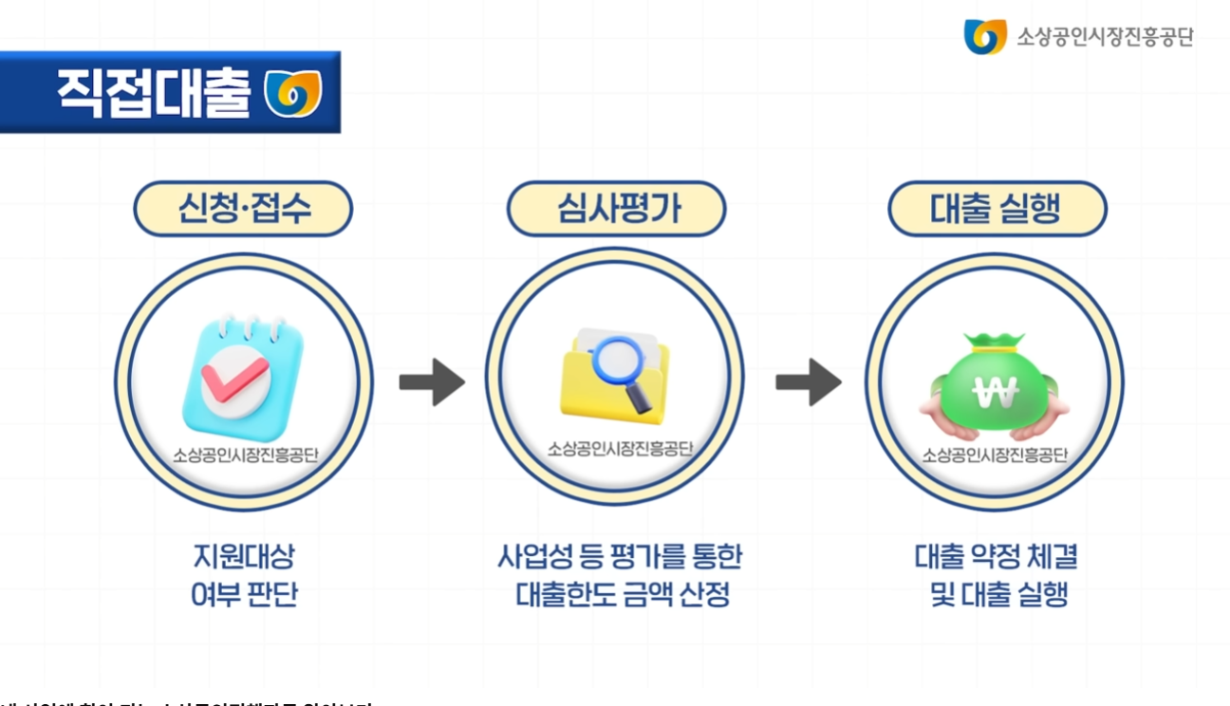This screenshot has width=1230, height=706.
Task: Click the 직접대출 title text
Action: (154, 93)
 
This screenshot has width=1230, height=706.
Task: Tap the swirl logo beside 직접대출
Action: (292, 93)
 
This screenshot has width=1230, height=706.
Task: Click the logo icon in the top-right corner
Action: (984, 37)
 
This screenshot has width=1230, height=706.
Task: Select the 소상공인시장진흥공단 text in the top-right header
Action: (1105, 37)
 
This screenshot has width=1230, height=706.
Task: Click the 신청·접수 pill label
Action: (243, 209)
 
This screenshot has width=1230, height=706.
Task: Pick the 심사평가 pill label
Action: (617, 209)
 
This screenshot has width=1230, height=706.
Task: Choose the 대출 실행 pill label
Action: (997, 209)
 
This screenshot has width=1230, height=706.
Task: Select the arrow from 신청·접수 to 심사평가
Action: (432, 381)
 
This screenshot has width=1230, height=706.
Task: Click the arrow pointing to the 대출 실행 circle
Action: (809, 381)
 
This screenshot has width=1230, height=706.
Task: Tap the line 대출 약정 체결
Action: (997, 556)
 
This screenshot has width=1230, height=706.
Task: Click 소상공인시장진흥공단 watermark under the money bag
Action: (995, 455)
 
